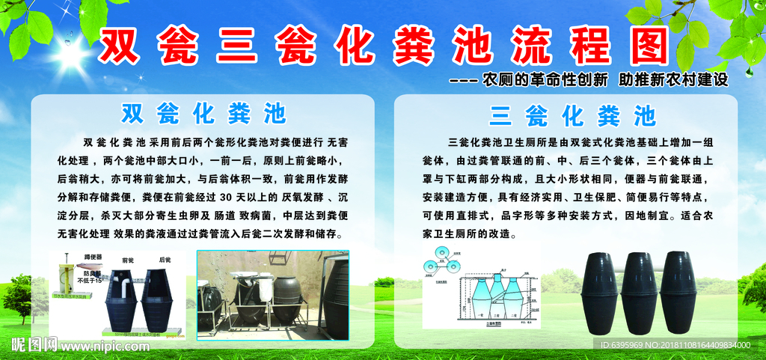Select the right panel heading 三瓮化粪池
(x=572, y=116)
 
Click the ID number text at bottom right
(x=675, y=345)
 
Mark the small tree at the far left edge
(x=16, y=296)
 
